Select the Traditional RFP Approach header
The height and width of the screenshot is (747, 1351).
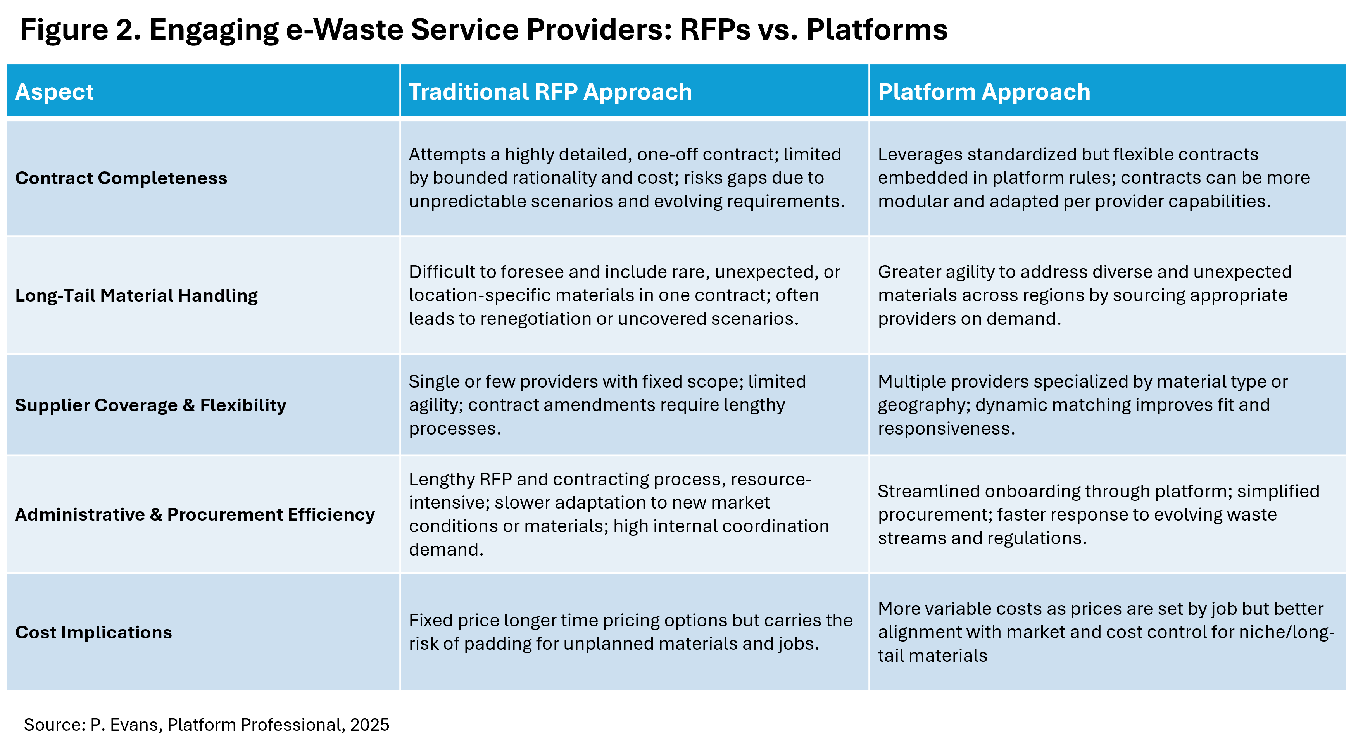tap(550, 92)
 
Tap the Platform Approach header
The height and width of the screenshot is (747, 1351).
tap(984, 92)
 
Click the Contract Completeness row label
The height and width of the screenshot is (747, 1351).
tap(121, 178)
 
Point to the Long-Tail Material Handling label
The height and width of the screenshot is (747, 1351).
tap(136, 295)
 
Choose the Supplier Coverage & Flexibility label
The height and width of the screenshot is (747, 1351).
tap(150, 405)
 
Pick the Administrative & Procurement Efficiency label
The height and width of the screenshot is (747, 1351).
tap(195, 515)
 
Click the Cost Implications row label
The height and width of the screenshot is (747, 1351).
tap(93, 632)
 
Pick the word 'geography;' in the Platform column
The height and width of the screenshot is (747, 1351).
tap(923, 405)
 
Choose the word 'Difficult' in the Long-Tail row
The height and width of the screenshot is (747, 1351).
tap(441, 272)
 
